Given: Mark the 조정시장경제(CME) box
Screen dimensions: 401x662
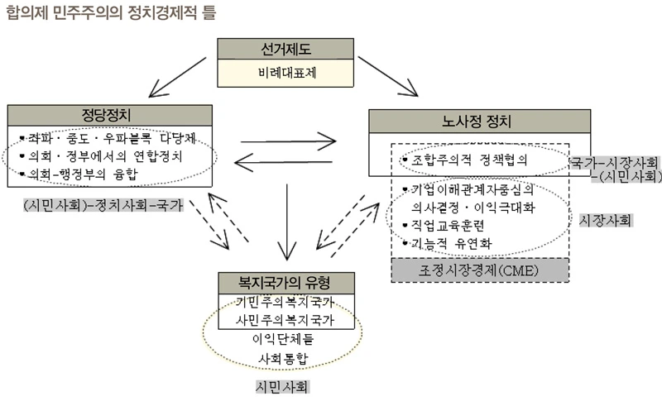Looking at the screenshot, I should click(479, 270).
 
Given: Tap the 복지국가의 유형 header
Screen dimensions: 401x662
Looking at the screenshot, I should click(285, 283).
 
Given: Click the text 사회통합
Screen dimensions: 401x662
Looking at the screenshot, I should click(285, 358).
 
